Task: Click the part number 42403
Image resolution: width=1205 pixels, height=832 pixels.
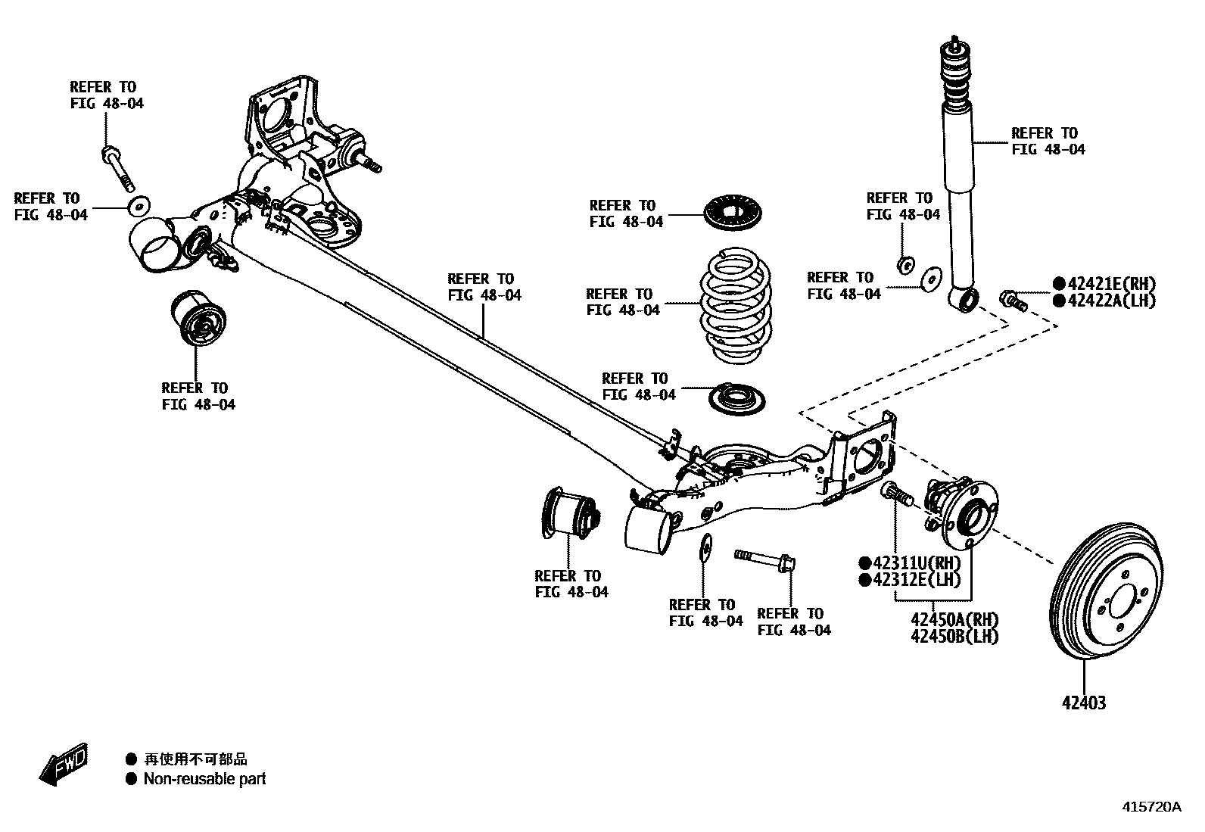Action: tap(1083, 703)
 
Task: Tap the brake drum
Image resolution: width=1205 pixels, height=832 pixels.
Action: tap(1104, 597)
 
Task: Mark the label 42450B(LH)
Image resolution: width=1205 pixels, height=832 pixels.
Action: tap(954, 637)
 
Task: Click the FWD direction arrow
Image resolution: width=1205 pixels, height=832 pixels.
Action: tap(64, 764)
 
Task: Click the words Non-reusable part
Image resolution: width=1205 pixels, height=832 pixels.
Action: tap(204, 779)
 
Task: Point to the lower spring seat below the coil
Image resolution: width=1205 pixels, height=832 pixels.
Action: tap(736, 398)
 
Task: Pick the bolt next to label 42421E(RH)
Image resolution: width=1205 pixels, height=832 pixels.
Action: tap(1013, 300)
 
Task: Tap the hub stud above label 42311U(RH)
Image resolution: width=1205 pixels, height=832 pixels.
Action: tap(896, 493)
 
